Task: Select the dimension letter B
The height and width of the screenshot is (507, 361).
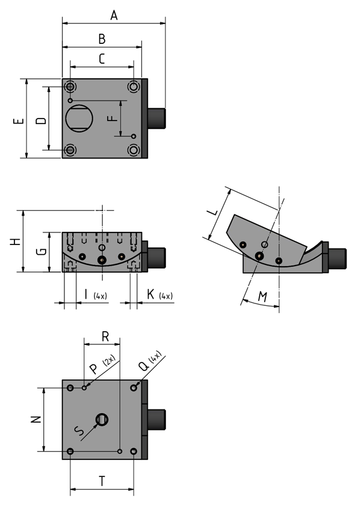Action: point(102,39)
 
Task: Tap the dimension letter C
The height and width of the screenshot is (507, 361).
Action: point(102,58)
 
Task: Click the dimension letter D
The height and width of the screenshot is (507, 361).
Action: point(41,120)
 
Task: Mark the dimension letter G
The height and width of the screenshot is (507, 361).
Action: point(41,252)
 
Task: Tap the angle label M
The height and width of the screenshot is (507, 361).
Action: point(263,296)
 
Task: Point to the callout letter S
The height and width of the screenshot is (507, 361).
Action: point(79,431)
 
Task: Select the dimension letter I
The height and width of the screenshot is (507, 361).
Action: point(85,294)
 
